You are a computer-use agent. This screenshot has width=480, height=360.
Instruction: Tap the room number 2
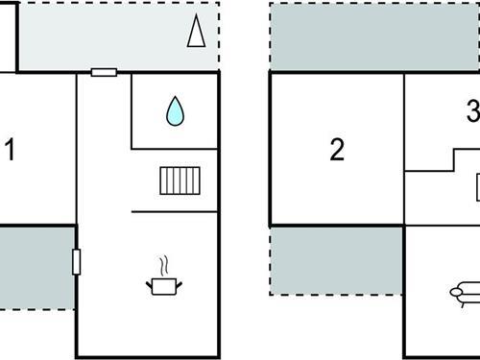point(336,150)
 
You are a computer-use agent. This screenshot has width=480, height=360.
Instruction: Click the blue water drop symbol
point(174,111)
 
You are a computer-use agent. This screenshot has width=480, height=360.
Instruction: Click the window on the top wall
point(104,72)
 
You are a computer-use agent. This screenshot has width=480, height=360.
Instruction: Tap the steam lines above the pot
point(164,263)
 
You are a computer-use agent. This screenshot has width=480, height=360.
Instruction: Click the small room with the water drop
point(174,111)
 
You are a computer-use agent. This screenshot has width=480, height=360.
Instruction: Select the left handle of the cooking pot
point(149,282)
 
